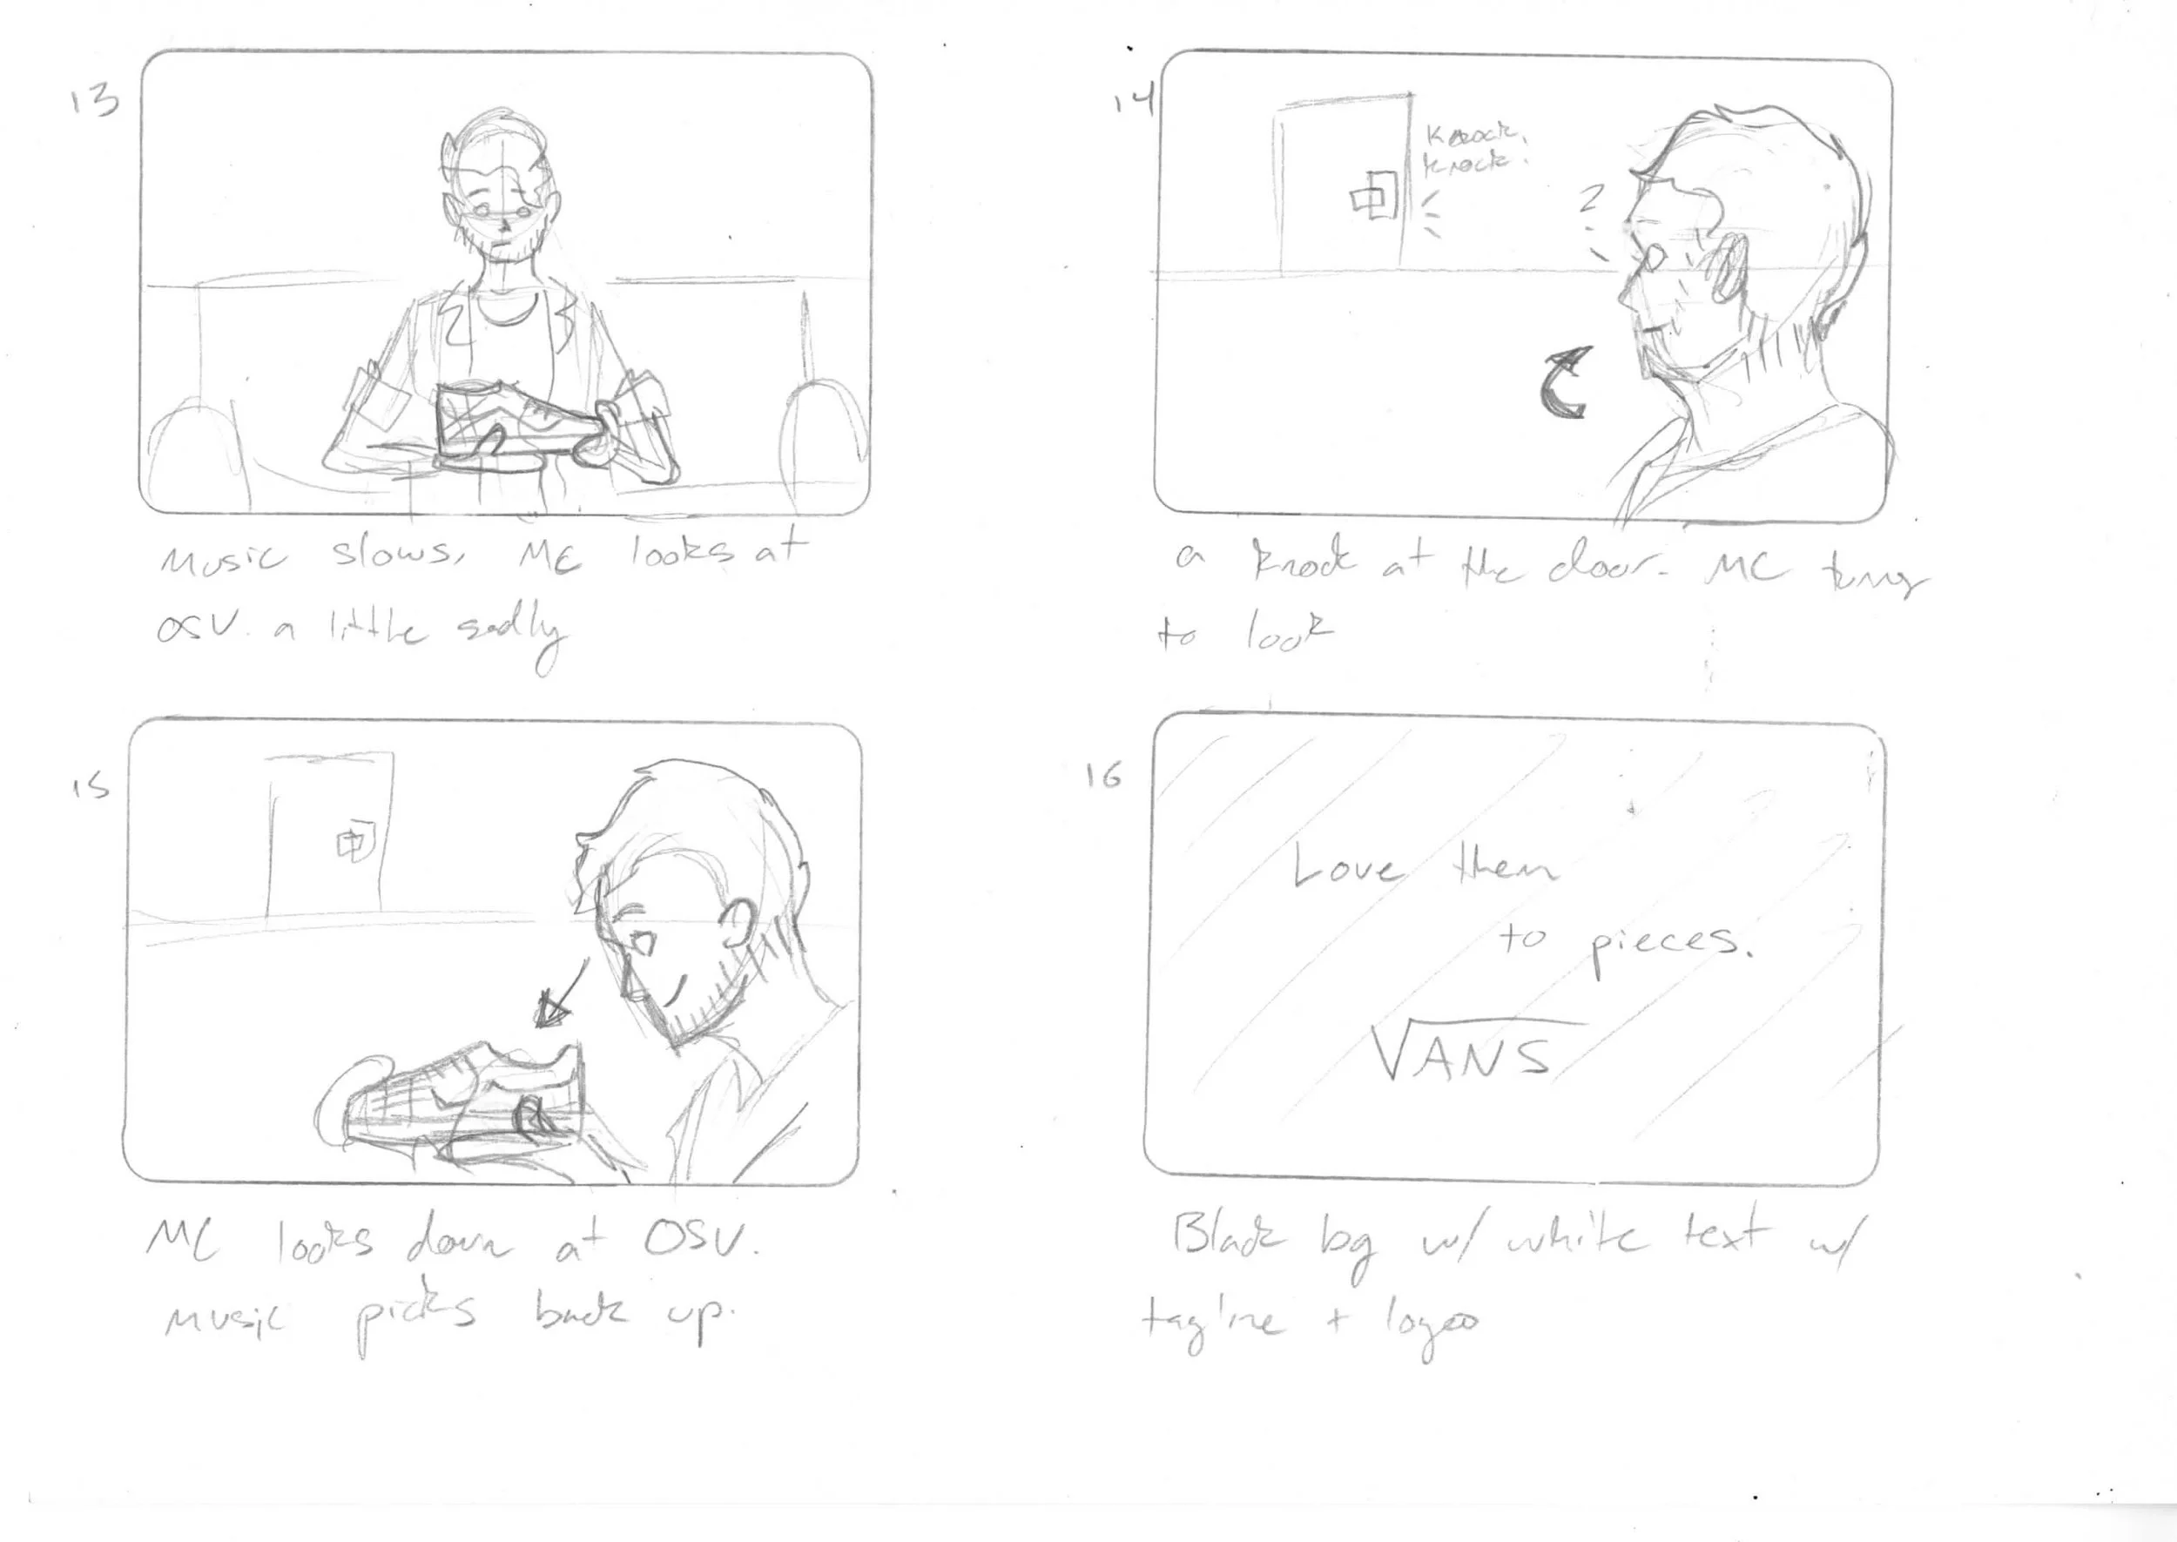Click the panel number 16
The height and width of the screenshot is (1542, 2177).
click(x=1104, y=776)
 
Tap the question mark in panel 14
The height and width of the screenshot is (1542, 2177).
click(x=1591, y=199)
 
